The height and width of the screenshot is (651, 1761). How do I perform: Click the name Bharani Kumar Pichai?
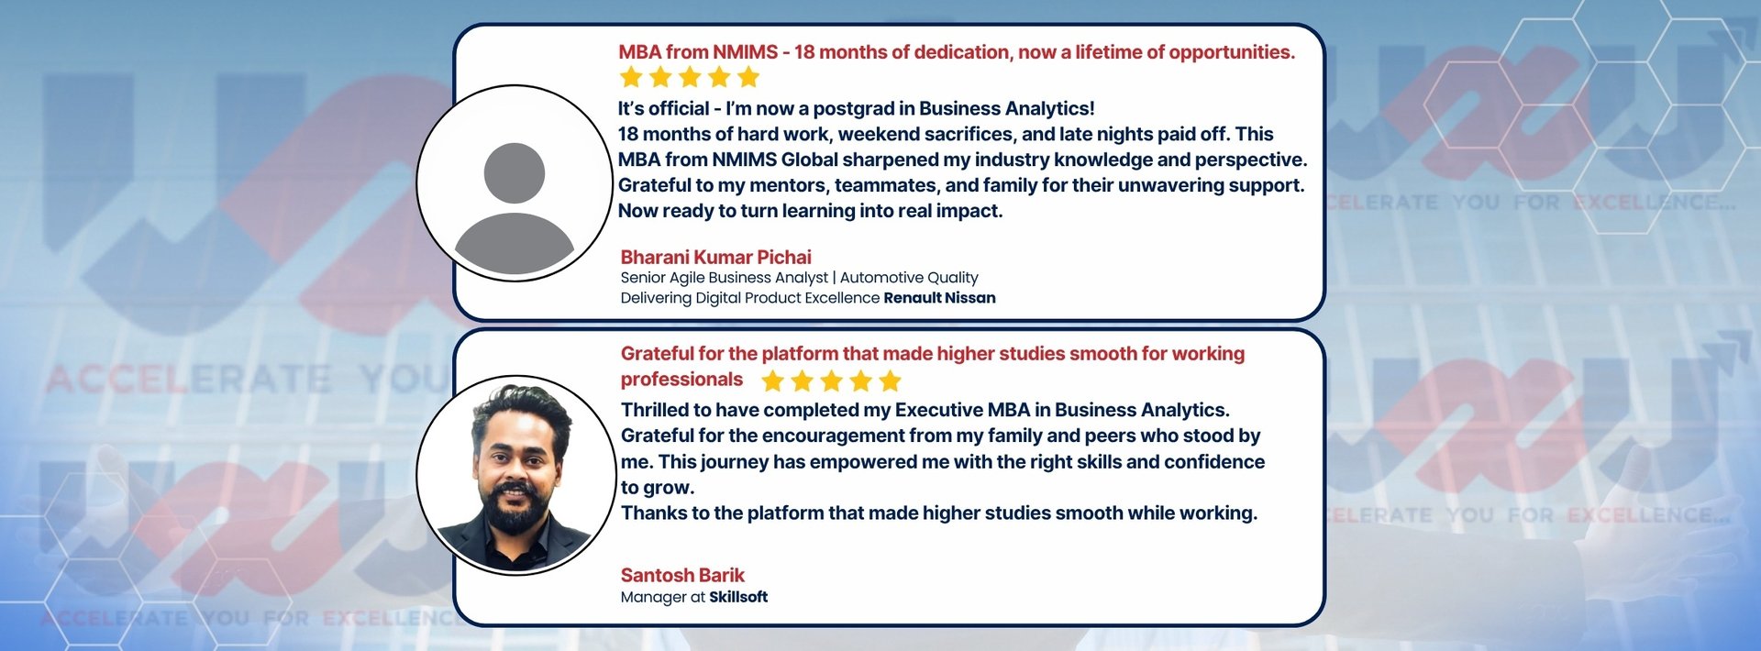pos(715,257)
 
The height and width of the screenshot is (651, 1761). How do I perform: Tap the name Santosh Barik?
pos(682,575)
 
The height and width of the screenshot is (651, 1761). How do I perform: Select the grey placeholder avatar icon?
pos(515,207)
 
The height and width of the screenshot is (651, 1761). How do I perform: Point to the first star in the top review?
pos(631,77)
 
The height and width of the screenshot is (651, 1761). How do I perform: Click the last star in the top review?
pos(748,77)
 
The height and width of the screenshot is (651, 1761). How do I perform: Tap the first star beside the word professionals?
pos(773,381)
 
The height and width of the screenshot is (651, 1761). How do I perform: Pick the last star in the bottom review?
pos(890,381)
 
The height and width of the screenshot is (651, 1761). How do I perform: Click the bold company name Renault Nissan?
pos(939,298)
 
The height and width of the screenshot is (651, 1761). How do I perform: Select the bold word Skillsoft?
pos(738,597)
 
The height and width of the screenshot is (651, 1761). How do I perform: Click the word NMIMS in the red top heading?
pos(745,52)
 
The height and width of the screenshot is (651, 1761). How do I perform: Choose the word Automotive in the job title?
pos(881,278)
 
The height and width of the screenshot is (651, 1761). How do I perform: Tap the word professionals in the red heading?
pos(681,380)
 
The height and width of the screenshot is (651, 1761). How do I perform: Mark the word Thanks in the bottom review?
pos(652,513)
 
